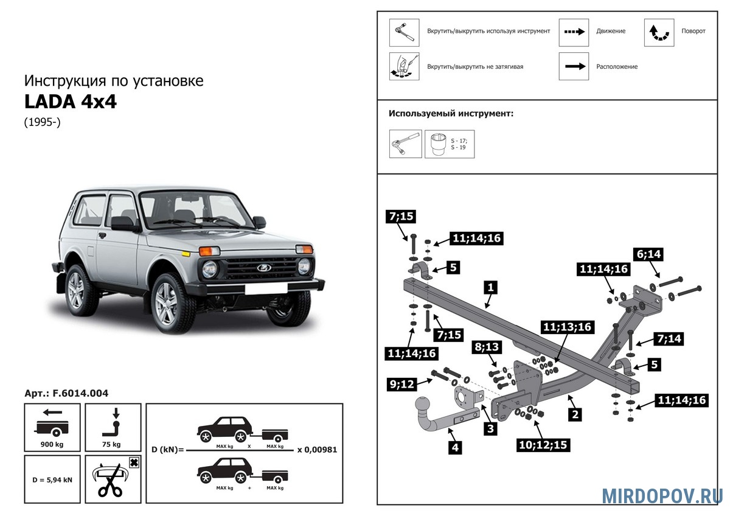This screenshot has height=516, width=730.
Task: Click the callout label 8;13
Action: click(x=487, y=347)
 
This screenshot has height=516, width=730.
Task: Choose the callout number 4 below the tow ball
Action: click(x=454, y=448)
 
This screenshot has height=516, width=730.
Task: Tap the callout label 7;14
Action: click(x=667, y=339)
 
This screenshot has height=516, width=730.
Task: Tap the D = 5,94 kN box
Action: click(x=52, y=479)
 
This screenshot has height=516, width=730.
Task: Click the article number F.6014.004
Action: click(x=66, y=394)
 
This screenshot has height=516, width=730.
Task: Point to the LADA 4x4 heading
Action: click(x=70, y=102)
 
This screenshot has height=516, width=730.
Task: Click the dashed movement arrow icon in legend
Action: click(x=574, y=32)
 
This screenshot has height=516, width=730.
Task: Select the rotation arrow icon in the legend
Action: click(x=659, y=32)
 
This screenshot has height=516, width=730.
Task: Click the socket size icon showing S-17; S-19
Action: click(x=450, y=144)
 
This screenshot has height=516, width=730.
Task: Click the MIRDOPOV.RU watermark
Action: click(x=662, y=495)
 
